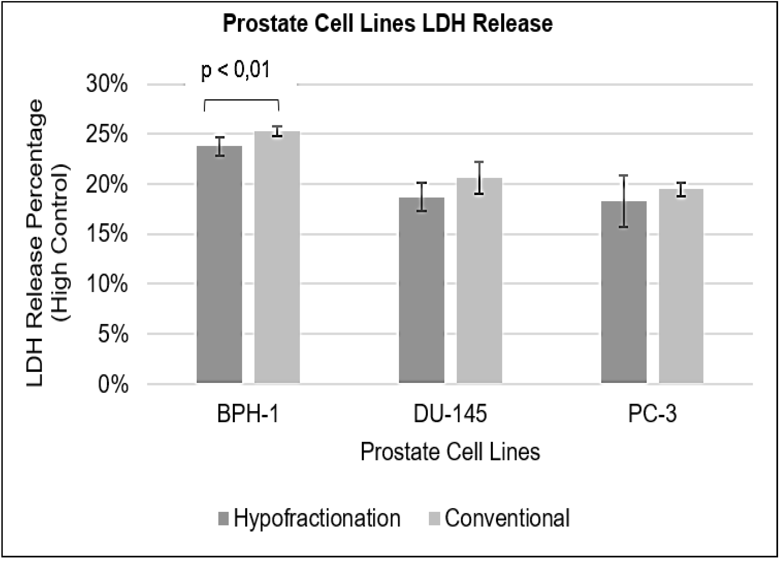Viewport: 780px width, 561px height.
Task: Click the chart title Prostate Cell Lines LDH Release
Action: click(x=388, y=23)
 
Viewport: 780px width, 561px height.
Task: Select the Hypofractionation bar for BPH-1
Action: click(x=220, y=265)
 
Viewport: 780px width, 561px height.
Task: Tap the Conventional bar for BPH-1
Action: click(x=277, y=258)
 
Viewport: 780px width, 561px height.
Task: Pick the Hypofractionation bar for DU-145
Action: click(x=422, y=291)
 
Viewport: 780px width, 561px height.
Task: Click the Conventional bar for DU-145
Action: click(x=479, y=280)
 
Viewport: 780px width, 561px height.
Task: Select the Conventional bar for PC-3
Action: click(x=681, y=285)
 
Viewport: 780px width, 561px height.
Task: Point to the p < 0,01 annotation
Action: click(x=235, y=70)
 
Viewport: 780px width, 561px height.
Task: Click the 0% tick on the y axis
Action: click(x=113, y=385)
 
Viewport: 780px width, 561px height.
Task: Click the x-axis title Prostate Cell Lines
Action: click(x=450, y=452)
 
